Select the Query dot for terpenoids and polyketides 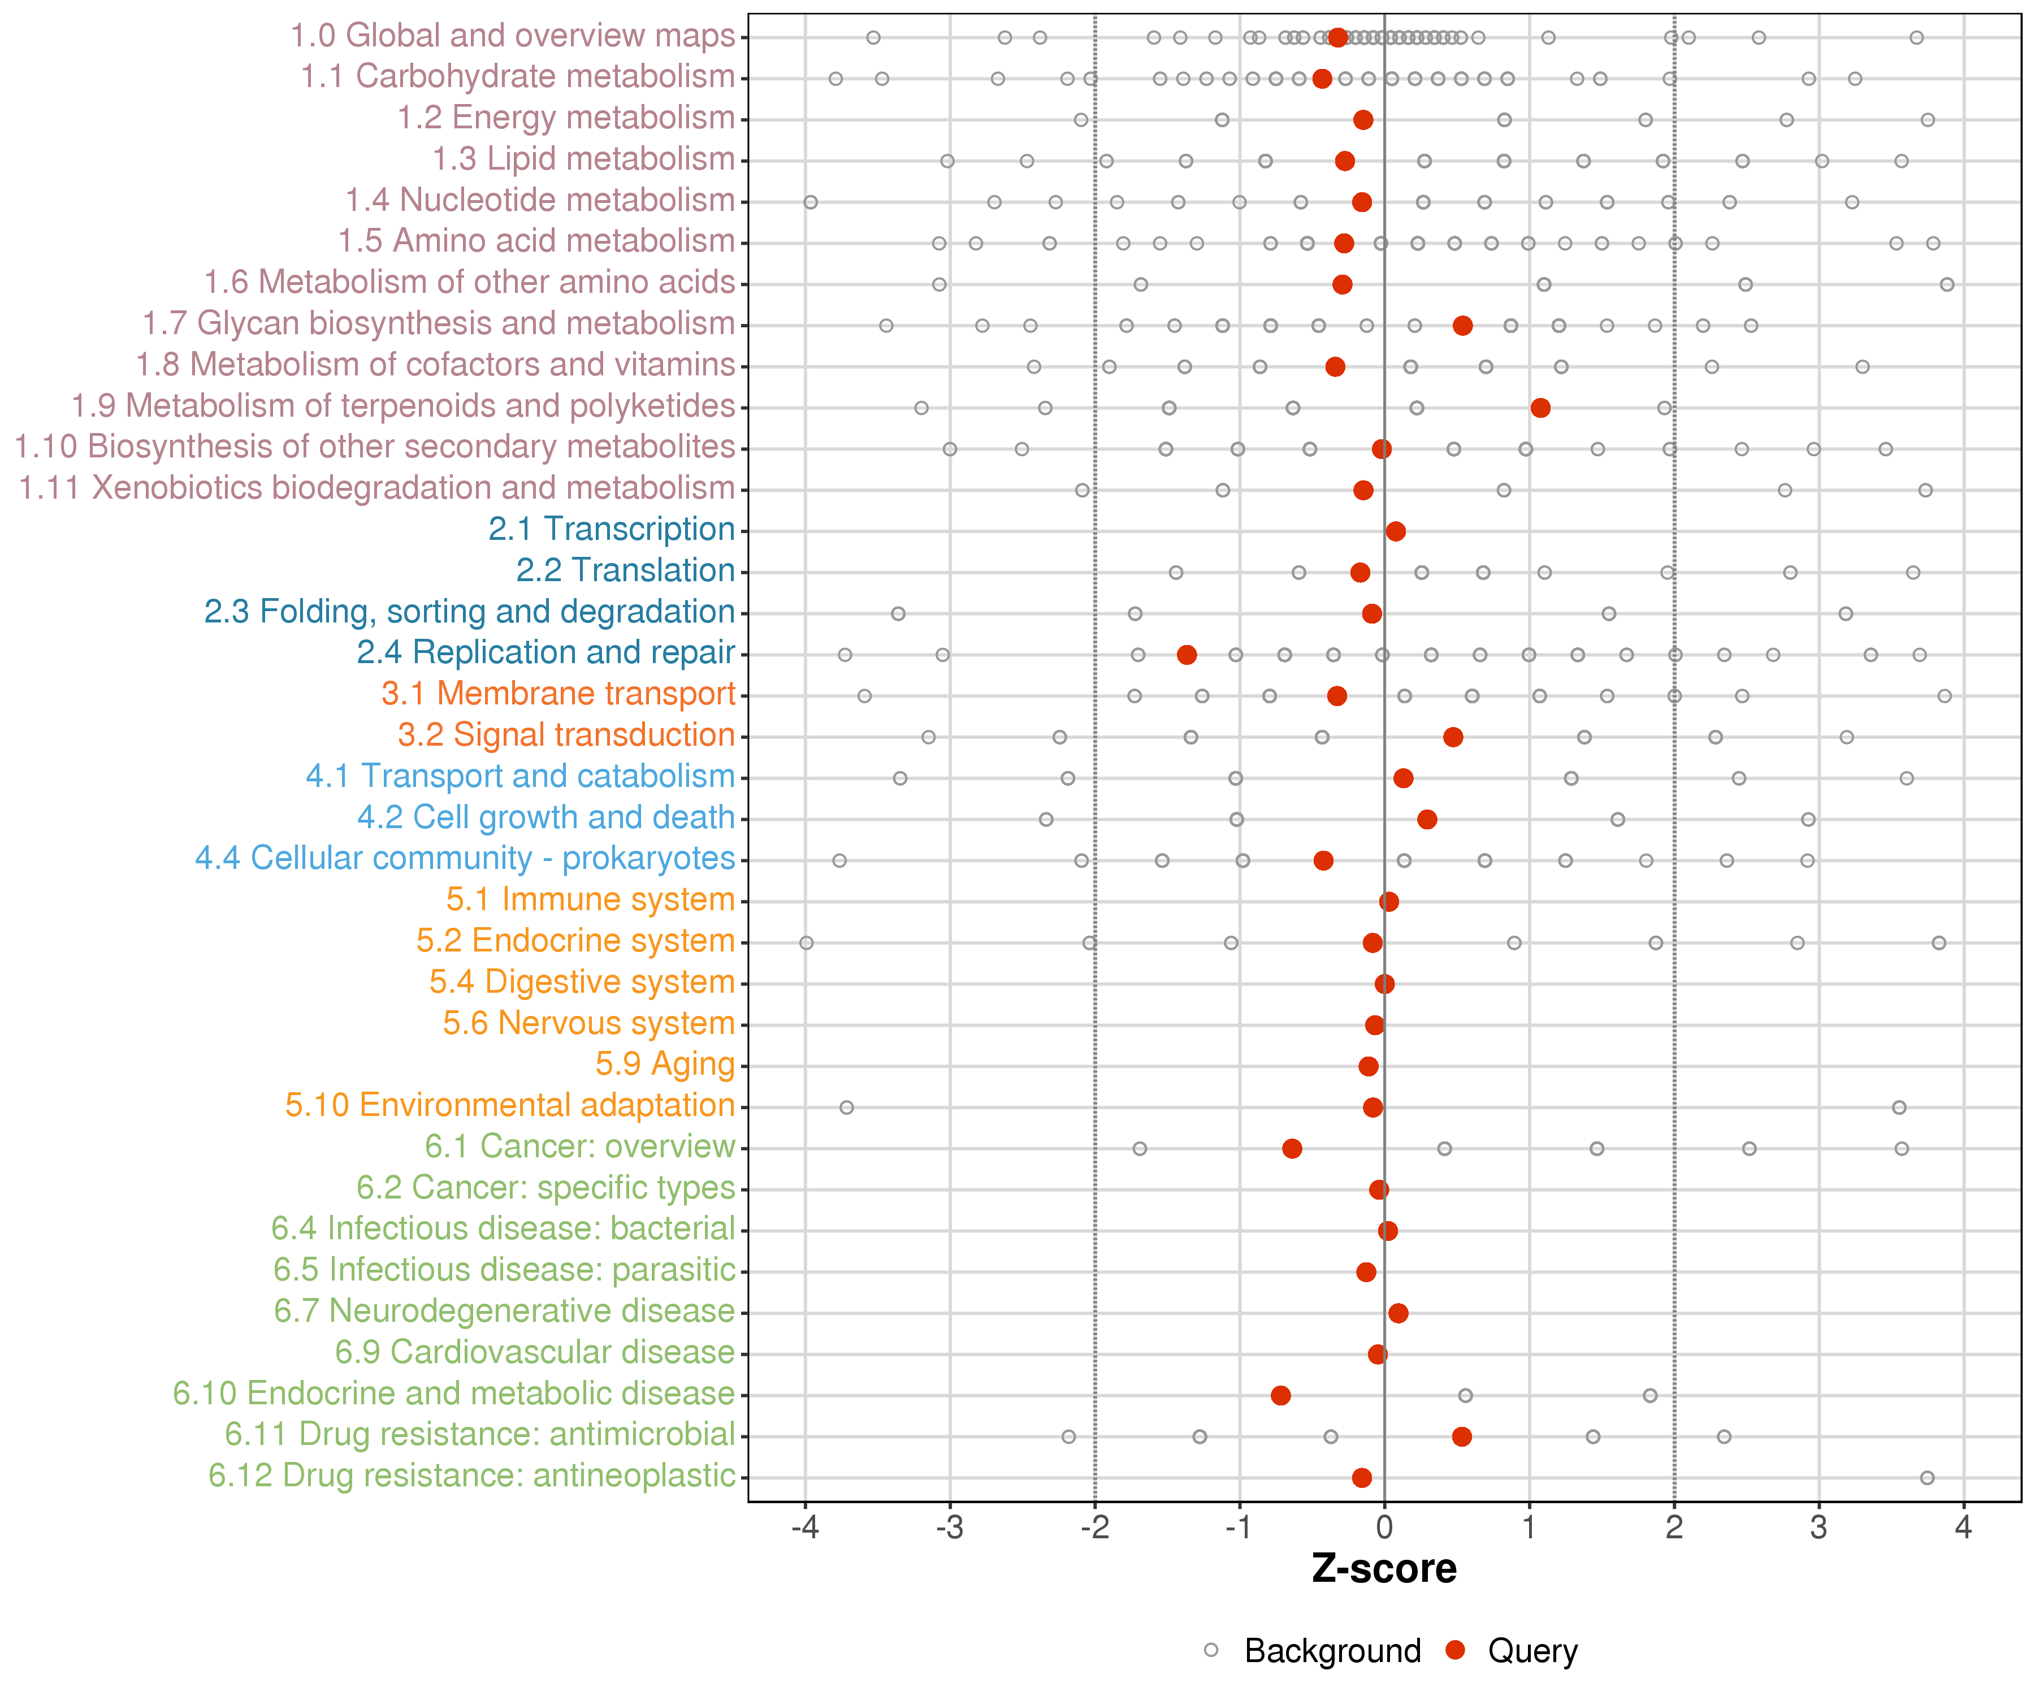tap(1540, 408)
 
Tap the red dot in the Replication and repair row tap(1186, 655)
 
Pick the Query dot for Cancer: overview tap(1292, 1148)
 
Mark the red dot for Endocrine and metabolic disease tap(1280, 1396)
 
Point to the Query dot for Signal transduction tap(1453, 738)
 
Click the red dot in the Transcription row tap(1396, 531)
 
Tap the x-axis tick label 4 tap(1963, 1529)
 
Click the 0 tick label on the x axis tap(1384, 1529)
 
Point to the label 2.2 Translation tap(625, 571)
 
